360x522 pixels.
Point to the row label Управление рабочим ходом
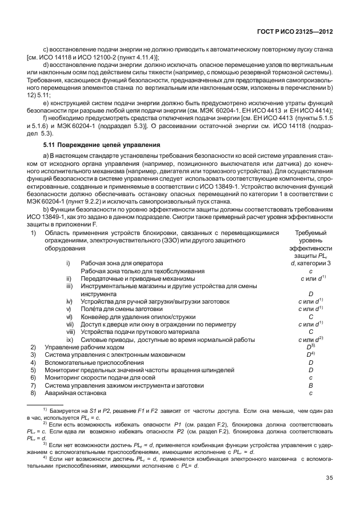tap(84, 347)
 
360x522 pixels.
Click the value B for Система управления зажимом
tap(310, 385)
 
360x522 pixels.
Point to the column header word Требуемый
tap(310, 233)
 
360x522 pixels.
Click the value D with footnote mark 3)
tap(311, 347)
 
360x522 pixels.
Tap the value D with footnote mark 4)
tap(311, 354)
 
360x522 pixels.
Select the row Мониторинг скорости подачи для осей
tap(102, 378)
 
